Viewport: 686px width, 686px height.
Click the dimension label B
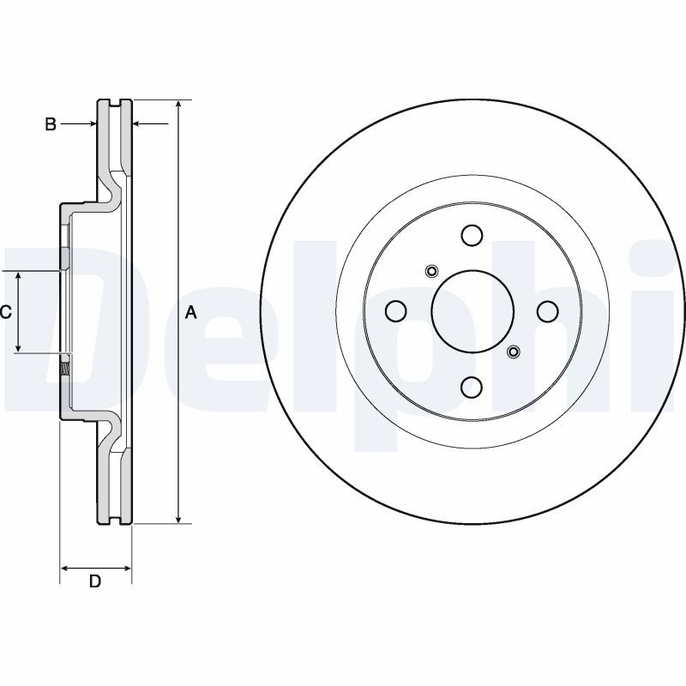coord(51,124)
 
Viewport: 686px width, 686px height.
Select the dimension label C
coord(5,312)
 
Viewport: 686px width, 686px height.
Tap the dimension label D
coord(95,581)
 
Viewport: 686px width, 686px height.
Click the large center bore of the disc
coord(472,311)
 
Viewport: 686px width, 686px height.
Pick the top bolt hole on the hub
coord(472,235)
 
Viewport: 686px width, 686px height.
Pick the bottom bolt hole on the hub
coord(472,388)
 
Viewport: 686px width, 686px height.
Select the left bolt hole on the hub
coord(395,311)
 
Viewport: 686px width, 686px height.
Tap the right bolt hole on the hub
coord(548,311)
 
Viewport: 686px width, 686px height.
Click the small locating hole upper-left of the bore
coord(431,273)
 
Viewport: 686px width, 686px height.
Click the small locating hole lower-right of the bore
coord(513,351)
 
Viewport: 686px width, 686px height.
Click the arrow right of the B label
coord(90,124)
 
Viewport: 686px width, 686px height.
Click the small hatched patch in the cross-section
coord(65,370)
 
